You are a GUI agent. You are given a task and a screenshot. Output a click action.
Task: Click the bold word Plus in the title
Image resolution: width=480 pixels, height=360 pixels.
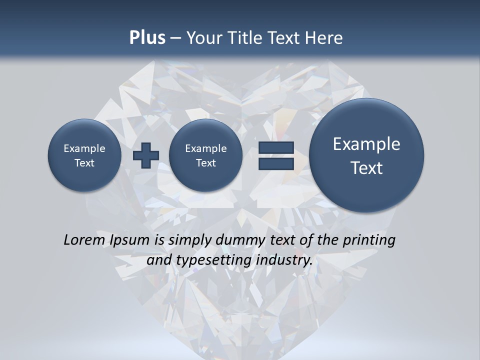coord(147,38)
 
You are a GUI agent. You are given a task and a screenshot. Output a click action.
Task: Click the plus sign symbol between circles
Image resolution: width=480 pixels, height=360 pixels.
coord(146,155)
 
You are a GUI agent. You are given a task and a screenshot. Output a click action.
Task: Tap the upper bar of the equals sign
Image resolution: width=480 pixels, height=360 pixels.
coord(276,148)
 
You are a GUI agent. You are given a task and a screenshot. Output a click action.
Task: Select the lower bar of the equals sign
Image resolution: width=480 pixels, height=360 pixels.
coord(276,164)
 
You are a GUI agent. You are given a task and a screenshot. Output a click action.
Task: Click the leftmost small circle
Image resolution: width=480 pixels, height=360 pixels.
coord(84,155)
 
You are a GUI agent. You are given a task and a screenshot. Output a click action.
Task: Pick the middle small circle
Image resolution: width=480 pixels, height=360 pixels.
coord(206,155)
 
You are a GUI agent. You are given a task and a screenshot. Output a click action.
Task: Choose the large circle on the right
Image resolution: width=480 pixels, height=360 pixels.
coord(366,155)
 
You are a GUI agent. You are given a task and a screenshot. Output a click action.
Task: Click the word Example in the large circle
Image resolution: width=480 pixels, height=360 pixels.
coord(366,144)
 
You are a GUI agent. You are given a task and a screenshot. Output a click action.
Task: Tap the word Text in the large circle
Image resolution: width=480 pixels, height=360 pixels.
coord(366,168)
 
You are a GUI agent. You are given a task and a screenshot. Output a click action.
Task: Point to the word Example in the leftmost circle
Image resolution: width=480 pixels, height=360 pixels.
coord(84,148)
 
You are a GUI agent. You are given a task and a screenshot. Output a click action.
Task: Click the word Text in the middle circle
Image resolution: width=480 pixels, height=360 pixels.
coord(206,163)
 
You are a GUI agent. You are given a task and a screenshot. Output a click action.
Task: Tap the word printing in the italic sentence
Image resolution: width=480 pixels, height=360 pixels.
coord(368,240)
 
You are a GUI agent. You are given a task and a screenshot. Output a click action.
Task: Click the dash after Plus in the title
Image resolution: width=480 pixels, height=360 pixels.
coord(175,38)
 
